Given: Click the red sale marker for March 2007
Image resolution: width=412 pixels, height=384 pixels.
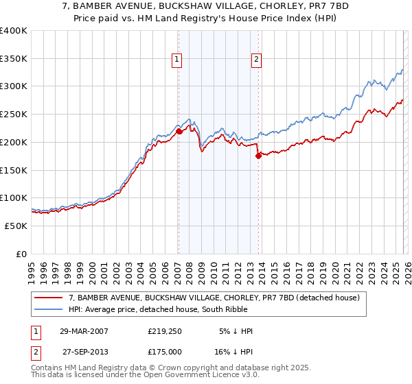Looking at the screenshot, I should tap(179, 131).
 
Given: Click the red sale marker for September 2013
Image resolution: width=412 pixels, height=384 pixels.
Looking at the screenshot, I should tap(258, 156).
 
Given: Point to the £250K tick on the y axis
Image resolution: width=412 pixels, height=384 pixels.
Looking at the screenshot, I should tap(14, 115).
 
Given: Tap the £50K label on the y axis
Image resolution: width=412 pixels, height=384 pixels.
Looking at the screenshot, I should tap(16, 226).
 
